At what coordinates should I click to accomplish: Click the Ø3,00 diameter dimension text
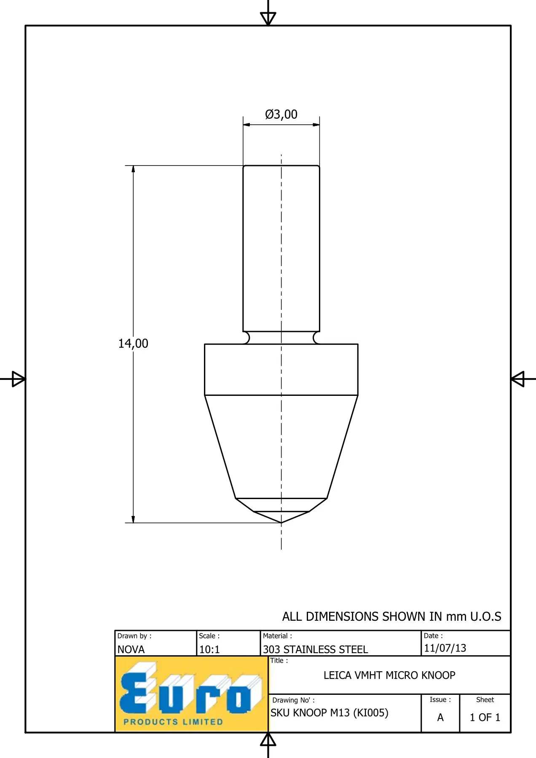pos(281,115)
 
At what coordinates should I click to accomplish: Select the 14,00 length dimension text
pos(133,344)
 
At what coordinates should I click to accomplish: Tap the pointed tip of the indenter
pos(281,523)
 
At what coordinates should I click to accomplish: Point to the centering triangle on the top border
pos(268,18)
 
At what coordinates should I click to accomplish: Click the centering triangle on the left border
pos(19,379)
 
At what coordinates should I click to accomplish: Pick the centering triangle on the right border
pos(517,379)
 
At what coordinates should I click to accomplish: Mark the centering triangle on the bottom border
pos(268,739)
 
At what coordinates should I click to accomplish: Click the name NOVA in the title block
pos(131,649)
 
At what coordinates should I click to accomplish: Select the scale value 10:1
pos(209,649)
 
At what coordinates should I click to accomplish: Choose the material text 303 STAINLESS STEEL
pos(316,649)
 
